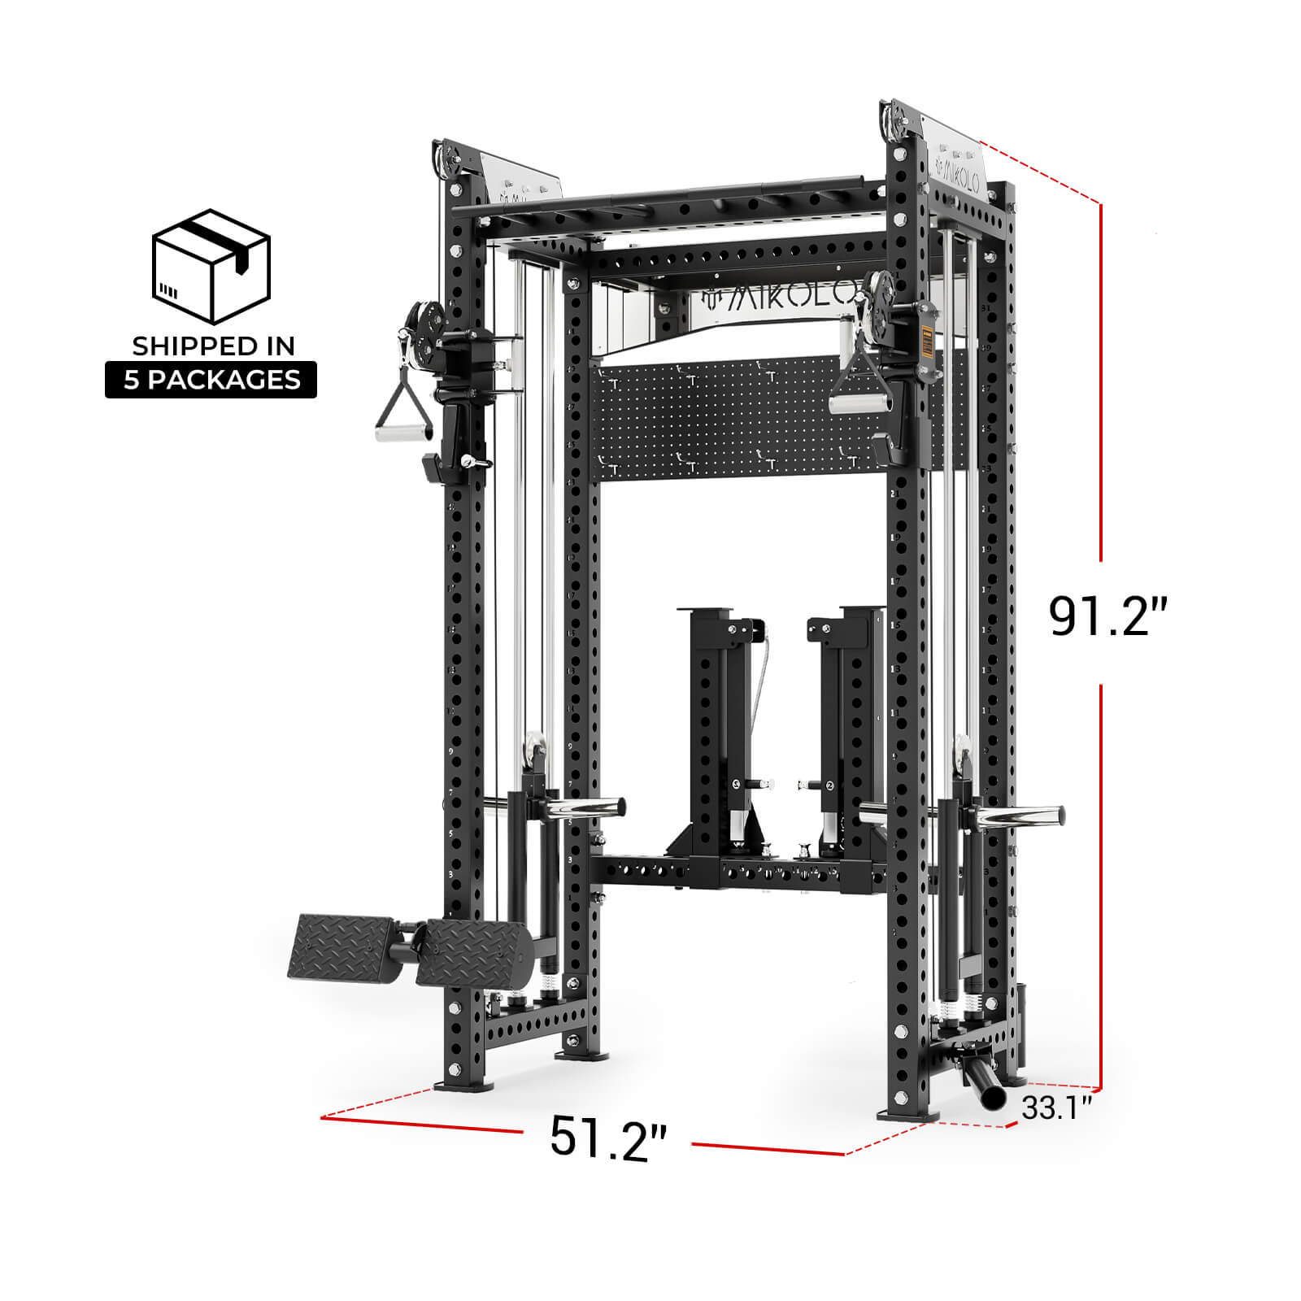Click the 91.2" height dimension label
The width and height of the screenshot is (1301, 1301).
1107,616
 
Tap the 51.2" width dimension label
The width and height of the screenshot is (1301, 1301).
607,1136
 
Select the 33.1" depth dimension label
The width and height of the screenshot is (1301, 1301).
1056,1107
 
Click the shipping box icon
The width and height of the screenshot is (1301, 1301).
211,266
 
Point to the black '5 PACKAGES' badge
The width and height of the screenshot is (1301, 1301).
211,380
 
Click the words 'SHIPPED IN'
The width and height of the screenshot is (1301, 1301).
213,346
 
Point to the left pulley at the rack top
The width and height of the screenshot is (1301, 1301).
446,162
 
